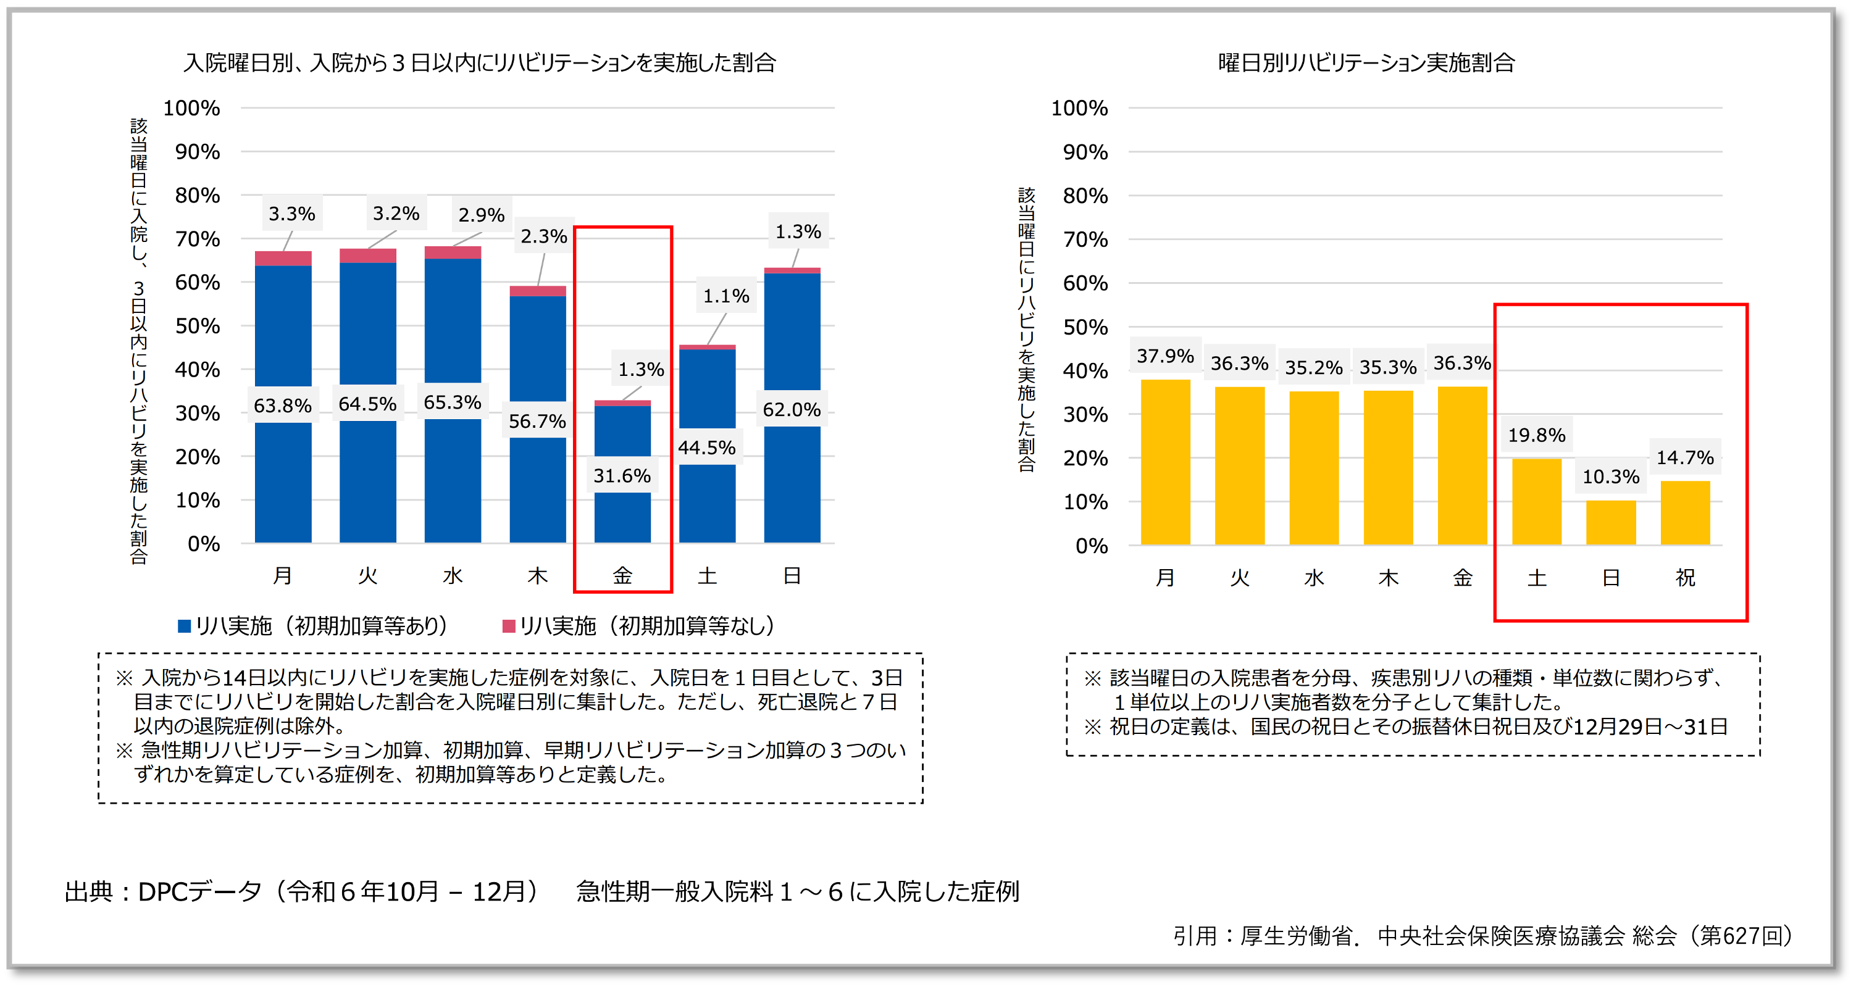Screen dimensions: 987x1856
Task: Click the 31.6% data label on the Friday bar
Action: point(622,475)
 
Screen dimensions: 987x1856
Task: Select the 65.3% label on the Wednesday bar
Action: point(452,402)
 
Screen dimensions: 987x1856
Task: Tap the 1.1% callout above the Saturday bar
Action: point(725,296)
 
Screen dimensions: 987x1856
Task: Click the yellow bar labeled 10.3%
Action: point(1610,522)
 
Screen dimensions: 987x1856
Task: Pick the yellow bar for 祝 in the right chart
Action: point(1684,512)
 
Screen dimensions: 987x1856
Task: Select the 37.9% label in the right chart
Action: point(1165,356)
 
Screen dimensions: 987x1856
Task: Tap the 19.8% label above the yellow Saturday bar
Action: point(1536,435)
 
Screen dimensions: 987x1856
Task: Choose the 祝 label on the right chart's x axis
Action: point(1684,577)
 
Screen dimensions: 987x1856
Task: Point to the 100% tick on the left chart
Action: point(191,108)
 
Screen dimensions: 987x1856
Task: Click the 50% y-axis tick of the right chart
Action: point(1085,327)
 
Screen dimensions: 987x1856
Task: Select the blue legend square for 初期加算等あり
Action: point(185,626)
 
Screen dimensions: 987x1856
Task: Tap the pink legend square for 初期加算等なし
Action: point(509,626)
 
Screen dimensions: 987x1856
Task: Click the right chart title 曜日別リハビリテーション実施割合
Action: point(1366,63)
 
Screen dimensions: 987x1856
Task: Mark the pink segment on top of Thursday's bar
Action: point(538,291)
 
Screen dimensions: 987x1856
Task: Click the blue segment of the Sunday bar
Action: point(792,331)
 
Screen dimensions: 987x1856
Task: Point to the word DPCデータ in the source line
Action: point(199,892)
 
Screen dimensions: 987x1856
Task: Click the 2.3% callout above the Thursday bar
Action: point(543,236)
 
